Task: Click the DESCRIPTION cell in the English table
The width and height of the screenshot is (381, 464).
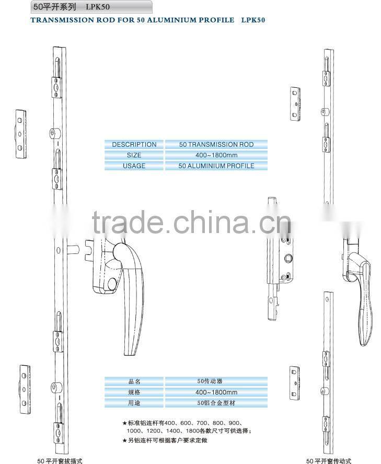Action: point(134,144)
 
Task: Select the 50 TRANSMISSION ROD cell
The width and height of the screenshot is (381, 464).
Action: point(216,144)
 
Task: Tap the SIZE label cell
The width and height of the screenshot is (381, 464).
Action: point(134,155)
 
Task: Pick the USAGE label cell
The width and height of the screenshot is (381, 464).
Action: point(134,166)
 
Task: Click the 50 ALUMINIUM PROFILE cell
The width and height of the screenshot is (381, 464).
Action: point(216,166)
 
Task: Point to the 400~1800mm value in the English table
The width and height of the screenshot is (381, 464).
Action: point(216,155)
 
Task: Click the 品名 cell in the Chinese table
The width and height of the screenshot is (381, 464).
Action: point(134,381)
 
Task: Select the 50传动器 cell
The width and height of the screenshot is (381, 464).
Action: point(216,381)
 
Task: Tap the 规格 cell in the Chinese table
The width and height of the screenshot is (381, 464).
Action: point(134,392)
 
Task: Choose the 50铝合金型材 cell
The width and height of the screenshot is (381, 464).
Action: point(216,403)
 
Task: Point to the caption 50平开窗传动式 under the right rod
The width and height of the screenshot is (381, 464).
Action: point(329,460)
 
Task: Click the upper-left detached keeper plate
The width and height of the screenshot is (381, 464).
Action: point(20,133)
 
